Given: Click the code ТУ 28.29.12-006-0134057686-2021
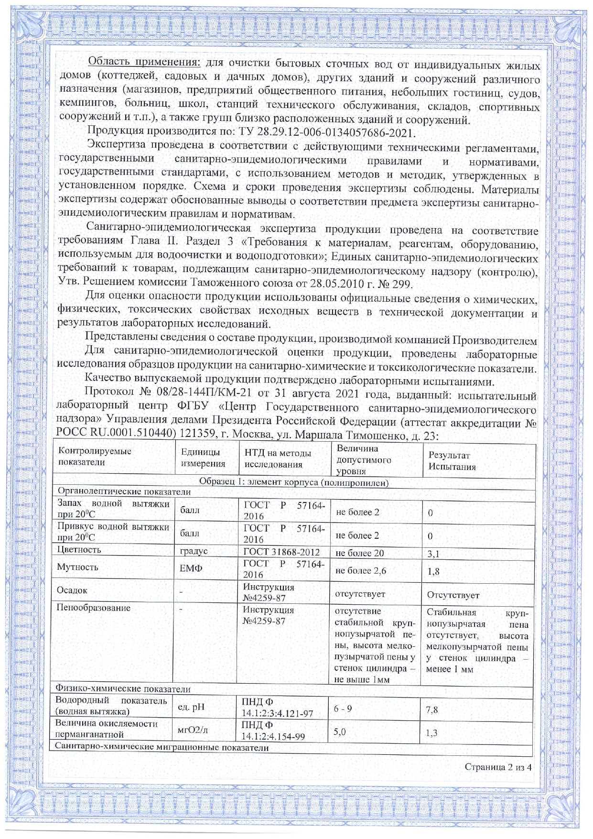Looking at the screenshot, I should tap(325, 132).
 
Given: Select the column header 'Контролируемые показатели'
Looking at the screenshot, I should tap(95, 457).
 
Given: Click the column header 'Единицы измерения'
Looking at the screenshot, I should tap(203, 458).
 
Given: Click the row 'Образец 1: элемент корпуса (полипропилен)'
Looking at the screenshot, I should tap(293, 482).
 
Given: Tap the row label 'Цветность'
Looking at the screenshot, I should tap(79, 550).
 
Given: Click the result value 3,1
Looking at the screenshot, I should tap(433, 554).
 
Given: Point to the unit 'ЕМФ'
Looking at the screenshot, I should tap(191, 568).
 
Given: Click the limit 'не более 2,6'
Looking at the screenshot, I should tap(360, 570).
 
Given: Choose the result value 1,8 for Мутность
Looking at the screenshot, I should tap(433, 571).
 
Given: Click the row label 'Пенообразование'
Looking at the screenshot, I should tap(93, 608).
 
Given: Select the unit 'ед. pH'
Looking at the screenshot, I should tap(191, 707).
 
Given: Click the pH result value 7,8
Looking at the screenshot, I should tap(431, 710).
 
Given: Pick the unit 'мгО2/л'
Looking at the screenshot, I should tap(193, 730).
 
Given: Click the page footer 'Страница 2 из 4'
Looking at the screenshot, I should tap(497, 767).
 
